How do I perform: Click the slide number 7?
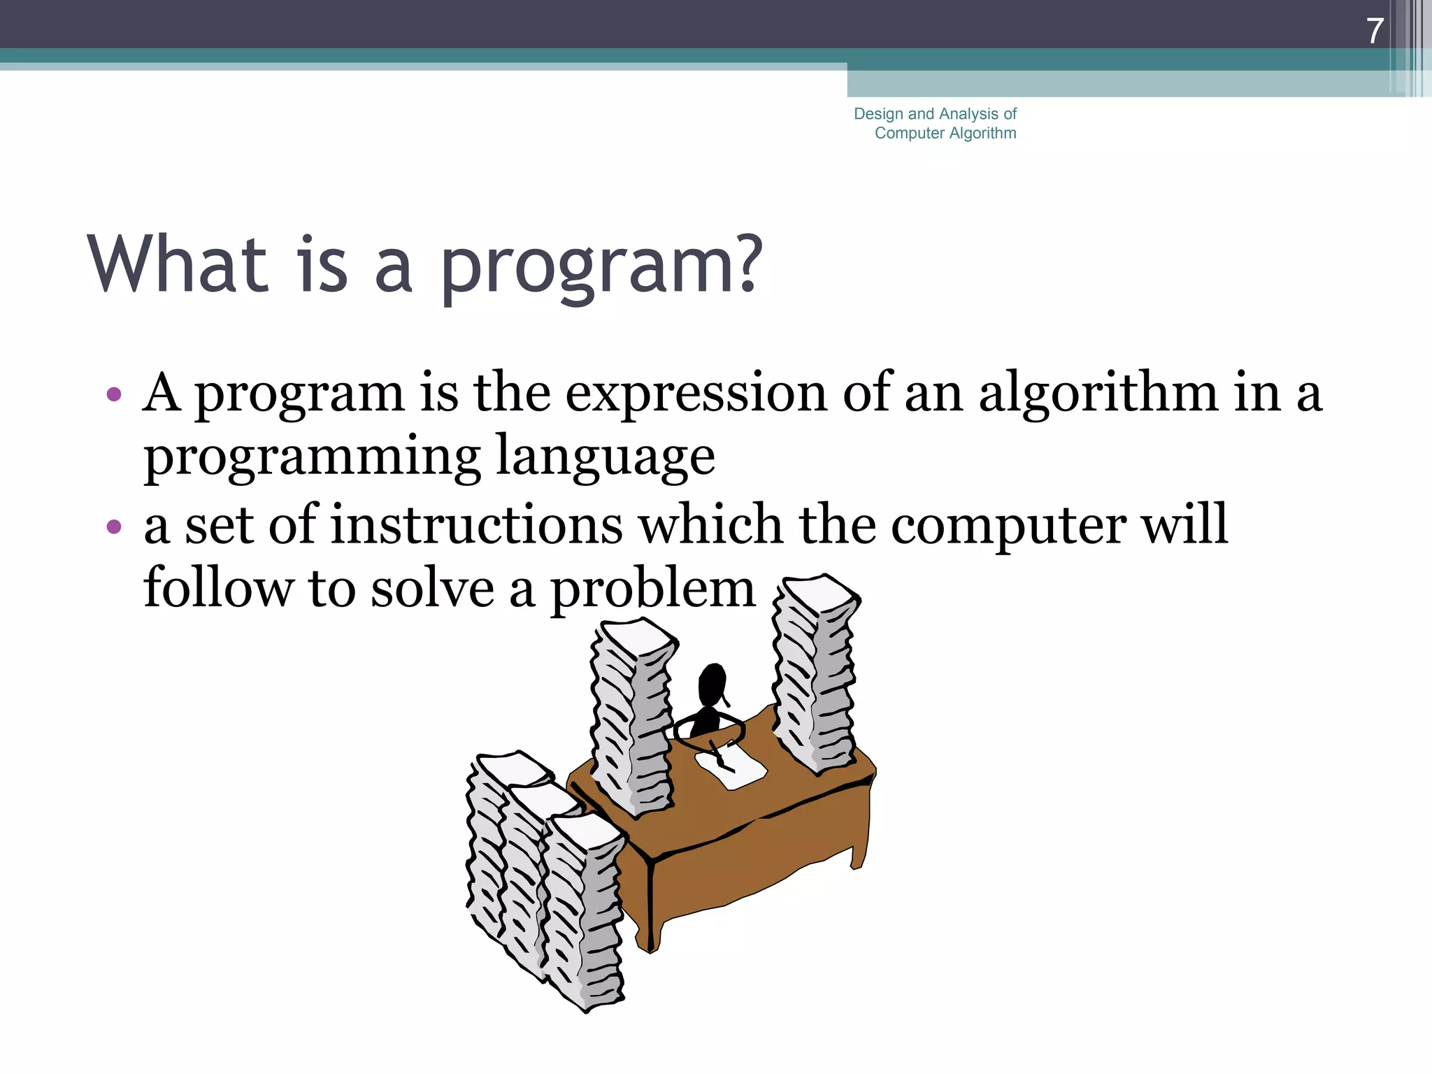click(x=1375, y=31)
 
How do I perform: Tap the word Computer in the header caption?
click(x=909, y=133)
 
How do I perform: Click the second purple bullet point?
click(x=114, y=526)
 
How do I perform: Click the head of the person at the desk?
click(x=712, y=684)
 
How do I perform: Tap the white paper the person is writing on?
click(x=731, y=766)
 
